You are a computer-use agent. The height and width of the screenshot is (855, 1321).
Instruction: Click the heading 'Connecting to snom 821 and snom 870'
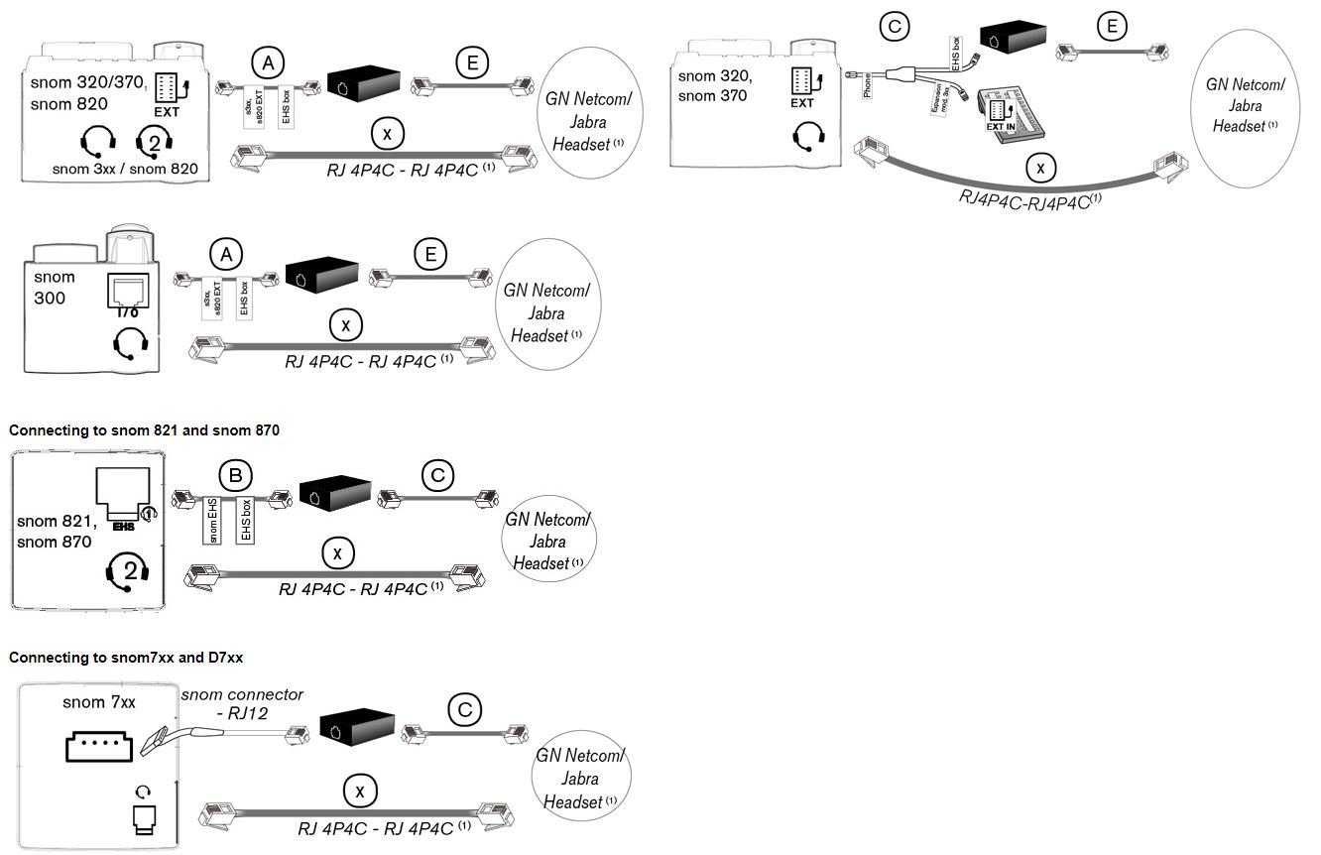144,430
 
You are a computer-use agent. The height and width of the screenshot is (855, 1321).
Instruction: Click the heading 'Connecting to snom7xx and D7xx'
125,658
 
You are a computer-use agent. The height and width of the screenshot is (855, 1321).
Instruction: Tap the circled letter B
236,477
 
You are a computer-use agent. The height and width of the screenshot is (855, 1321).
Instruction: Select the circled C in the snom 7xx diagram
464,710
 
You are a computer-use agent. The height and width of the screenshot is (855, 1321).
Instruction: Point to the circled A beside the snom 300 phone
226,255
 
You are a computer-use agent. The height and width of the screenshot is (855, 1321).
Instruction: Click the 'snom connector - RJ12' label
242,702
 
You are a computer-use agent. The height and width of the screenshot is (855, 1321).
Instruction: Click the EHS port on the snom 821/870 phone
123,493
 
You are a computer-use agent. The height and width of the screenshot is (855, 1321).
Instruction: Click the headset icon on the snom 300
130,343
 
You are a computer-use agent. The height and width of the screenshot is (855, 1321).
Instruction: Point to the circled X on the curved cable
1039,169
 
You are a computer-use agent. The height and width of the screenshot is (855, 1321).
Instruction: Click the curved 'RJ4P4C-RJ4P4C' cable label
1031,199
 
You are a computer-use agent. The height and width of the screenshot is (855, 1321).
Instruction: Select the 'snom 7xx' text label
98,703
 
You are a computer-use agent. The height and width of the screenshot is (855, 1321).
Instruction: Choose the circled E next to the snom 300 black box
429,255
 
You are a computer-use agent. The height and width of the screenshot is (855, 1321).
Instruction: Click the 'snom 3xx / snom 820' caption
125,169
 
